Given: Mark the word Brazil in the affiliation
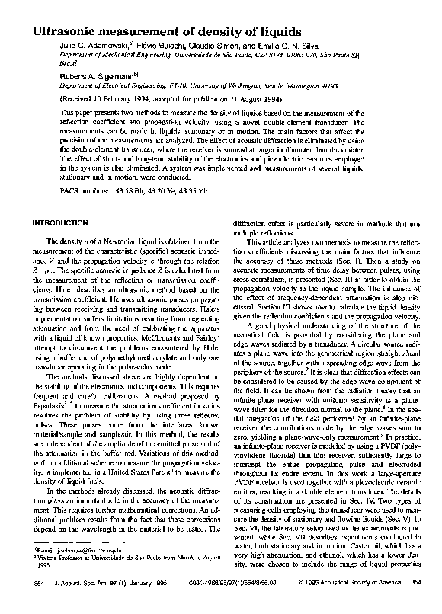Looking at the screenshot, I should pyautogui.click(x=68, y=65).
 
